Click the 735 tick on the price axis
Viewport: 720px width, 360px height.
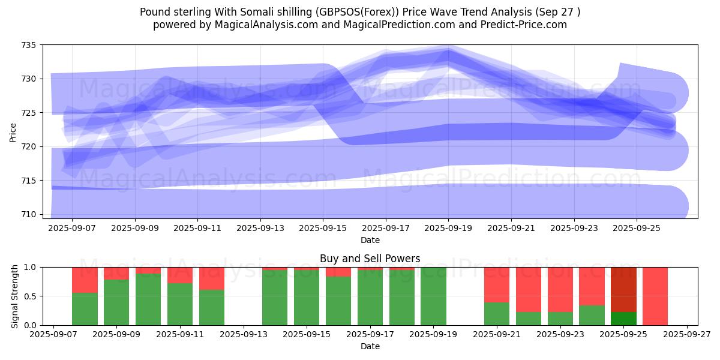click(29, 45)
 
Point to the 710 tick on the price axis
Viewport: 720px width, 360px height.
click(29, 214)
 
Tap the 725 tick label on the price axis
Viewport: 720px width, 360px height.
click(29, 113)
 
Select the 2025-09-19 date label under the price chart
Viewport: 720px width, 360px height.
click(448, 229)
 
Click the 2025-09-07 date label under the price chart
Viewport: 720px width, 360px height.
click(72, 229)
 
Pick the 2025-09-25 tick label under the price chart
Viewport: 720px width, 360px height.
click(637, 229)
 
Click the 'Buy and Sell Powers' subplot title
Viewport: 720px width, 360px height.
click(370, 259)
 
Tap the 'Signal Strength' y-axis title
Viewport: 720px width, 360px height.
click(15, 296)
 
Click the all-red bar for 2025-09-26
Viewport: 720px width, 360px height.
click(655, 296)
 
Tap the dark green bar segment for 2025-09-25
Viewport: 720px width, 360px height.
click(623, 319)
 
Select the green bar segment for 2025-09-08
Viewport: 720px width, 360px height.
click(85, 309)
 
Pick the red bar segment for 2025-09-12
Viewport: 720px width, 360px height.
click(212, 278)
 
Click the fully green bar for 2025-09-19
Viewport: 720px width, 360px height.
click(433, 296)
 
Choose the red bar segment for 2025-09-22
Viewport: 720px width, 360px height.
click(529, 289)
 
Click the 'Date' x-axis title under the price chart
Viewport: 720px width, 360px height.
click(370, 240)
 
